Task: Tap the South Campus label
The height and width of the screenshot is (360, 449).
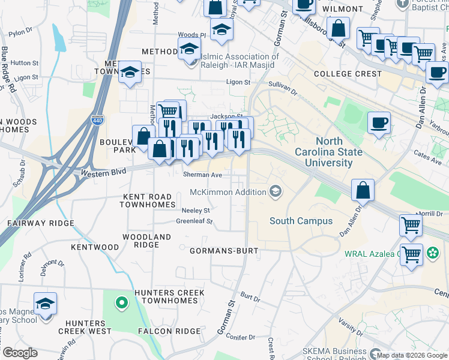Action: point(301,221)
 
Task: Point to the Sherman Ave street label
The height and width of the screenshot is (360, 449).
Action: point(202,175)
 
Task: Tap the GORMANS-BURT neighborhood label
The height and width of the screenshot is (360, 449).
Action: point(224,250)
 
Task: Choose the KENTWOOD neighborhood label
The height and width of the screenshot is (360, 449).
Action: point(95,247)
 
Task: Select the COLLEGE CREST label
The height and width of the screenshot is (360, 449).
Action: point(348,74)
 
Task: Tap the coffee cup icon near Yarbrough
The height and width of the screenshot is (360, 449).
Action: point(378,123)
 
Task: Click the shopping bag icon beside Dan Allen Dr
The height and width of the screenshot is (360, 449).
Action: point(363,191)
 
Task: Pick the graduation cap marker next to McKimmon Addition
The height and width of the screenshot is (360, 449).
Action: point(276,191)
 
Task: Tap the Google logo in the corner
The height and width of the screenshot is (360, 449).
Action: point(19,353)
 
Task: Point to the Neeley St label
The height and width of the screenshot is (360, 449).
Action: point(196,211)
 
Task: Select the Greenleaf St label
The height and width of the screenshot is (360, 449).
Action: point(194,221)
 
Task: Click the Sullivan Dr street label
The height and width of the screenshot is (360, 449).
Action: point(282,88)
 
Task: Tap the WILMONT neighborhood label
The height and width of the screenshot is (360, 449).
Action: point(343,10)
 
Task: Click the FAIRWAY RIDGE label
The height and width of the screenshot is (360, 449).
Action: point(41,223)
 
